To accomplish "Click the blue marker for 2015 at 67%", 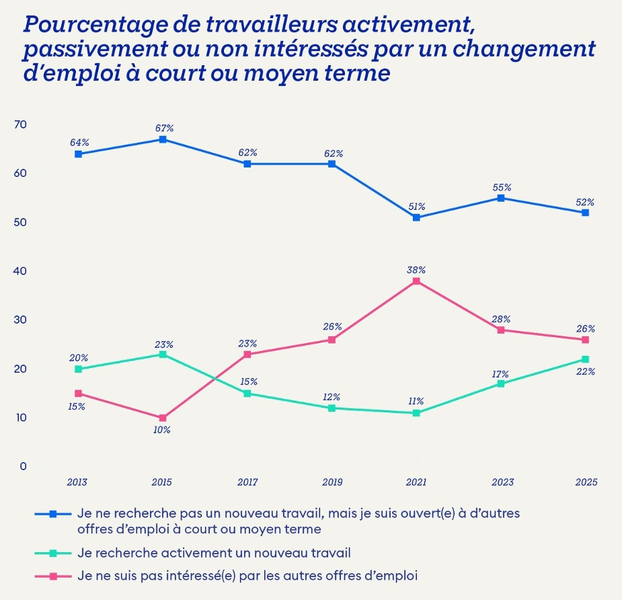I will [163, 139].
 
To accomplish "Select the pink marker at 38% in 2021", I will [416, 281].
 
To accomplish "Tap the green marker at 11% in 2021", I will [416, 413].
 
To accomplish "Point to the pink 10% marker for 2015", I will [163, 418].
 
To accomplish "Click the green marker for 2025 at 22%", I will [585, 359].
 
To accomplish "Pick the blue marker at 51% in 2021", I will [416, 217].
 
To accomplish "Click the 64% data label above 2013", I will [79, 143].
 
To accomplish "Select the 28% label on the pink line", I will [501, 319].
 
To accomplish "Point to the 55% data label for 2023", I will [502, 187].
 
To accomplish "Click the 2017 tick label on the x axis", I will [247, 482].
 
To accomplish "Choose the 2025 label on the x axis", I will [586, 482].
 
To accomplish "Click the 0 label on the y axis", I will [23, 466].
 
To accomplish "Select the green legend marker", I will [53, 554].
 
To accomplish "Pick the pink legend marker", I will [53, 576].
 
